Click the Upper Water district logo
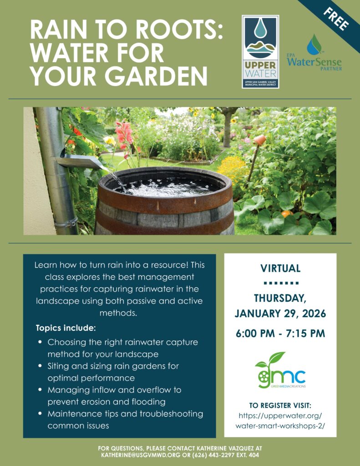(x=260, y=51)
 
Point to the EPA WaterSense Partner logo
(x=314, y=54)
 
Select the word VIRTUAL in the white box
(x=280, y=268)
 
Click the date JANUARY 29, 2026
(x=280, y=314)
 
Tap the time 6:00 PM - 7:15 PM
(x=280, y=334)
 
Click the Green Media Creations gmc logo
(x=280, y=371)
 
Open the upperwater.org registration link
(x=280, y=421)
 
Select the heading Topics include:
(x=66, y=328)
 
